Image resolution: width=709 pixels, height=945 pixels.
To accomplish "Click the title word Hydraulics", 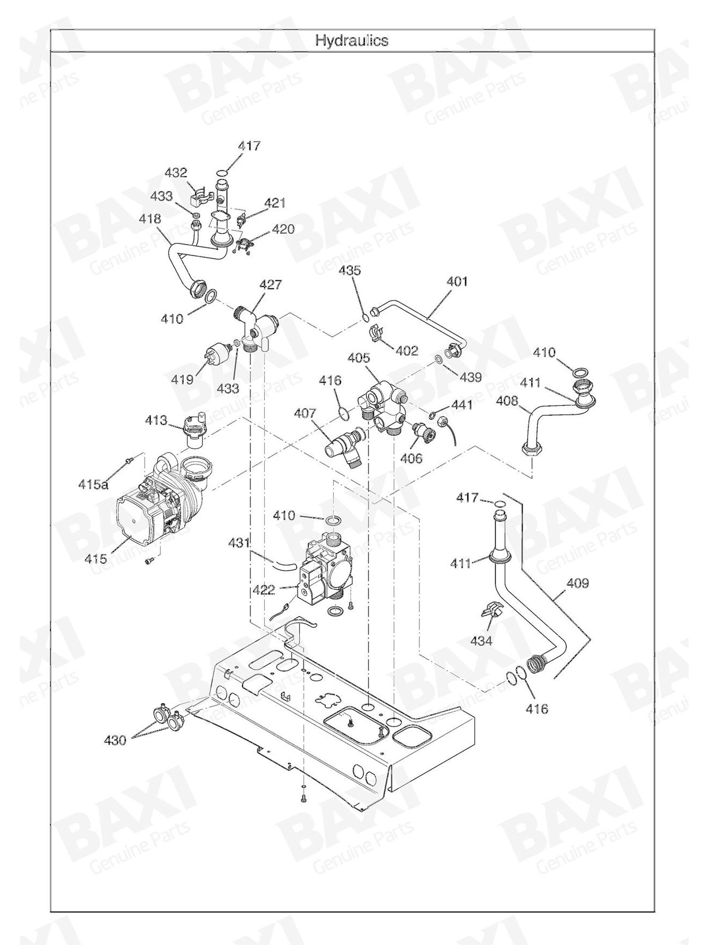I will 352,41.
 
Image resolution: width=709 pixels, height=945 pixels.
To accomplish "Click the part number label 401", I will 457,282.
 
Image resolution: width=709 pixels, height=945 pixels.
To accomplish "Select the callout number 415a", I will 94,484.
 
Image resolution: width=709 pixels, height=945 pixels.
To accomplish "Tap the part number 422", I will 264,590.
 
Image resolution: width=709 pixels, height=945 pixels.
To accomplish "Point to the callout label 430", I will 115,740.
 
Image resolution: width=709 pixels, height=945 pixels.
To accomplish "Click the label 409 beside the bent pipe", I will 578,584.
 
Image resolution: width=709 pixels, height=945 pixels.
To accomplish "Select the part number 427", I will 270,284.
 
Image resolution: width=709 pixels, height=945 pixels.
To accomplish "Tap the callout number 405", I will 359,358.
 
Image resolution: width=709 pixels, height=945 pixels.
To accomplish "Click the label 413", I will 156,420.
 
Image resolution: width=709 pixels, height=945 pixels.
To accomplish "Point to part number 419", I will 182,379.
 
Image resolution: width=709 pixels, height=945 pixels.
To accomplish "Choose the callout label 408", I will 507,401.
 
